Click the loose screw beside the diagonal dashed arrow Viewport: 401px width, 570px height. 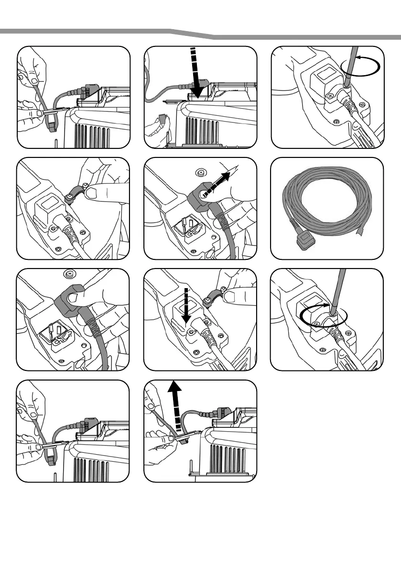pos(201,173)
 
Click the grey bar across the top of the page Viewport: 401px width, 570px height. pos(200,32)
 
